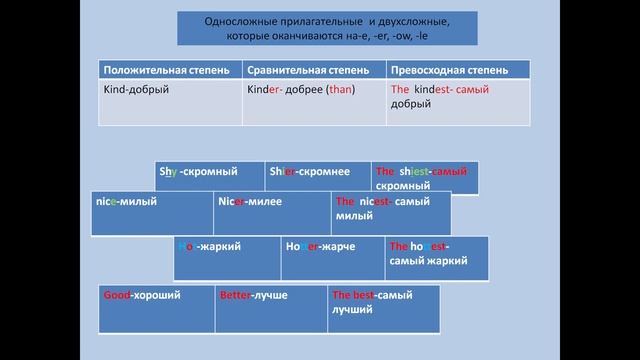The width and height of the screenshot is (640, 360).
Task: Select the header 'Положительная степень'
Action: pyautogui.click(x=169, y=72)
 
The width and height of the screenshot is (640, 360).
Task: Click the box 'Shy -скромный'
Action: pyautogui.click(x=209, y=177)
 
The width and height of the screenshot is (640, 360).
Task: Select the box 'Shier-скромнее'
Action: pyautogui.click(x=317, y=177)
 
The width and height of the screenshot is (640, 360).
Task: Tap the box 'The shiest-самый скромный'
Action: pyautogui.click(x=424, y=177)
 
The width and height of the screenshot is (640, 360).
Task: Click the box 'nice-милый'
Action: pyautogui.click(x=151, y=212)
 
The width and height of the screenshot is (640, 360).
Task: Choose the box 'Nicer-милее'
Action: pyautogui.click(x=271, y=212)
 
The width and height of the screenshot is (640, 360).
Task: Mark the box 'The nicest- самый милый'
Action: pyautogui.click(x=390, y=212)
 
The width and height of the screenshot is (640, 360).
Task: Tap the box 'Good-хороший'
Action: pyautogui.click(x=156, y=309)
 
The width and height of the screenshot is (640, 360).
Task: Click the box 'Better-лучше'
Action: pyautogui.click(x=271, y=309)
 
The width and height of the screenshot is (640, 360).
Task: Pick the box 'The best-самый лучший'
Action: pyautogui.click(x=384, y=309)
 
